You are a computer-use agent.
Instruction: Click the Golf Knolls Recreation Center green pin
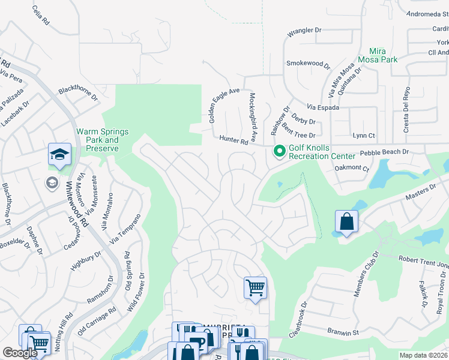(x=279, y=151)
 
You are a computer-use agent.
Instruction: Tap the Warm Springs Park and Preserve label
(x=97, y=140)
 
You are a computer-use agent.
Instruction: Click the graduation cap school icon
(x=60, y=155)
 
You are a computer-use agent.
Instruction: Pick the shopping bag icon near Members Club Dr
(x=346, y=221)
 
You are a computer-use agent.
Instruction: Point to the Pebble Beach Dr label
(x=388, y=152)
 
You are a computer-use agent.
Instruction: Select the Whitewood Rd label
(x=77, y=204)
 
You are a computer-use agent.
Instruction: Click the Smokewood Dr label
(x=309, y=64)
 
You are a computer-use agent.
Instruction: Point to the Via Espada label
(x=323, y=107)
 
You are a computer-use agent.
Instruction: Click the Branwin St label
(x=343, y=331)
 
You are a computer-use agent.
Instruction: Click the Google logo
(x=20, y=353)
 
